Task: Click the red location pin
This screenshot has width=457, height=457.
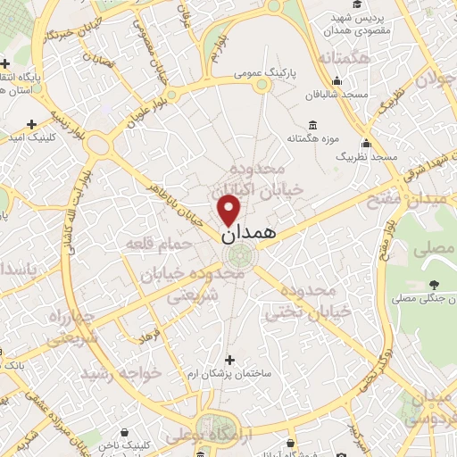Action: point(229,210)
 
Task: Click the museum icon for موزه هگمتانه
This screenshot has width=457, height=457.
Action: point(312,126)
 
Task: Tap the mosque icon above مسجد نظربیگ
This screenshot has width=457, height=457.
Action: point(366,143)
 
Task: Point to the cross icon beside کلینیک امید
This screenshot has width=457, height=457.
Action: point(33,123)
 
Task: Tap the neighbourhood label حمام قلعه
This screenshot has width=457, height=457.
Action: point(158,243)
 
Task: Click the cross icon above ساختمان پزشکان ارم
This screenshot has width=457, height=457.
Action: point(229,360)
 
